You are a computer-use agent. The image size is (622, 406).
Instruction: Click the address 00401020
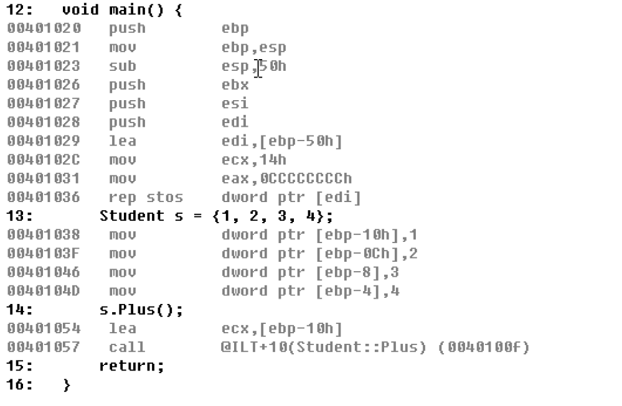(44, 29)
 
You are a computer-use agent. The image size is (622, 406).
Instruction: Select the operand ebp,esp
(254, 47)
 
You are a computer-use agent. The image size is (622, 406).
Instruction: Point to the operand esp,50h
(254, 66)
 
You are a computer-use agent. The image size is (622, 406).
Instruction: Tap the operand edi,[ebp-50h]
(282, 141)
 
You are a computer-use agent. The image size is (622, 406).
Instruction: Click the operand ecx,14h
(254, 160)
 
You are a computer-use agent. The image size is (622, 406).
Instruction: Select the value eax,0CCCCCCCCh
(286, 178)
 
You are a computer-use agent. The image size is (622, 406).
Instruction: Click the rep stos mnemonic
(146, 198)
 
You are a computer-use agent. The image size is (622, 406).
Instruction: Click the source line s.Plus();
(141, 310)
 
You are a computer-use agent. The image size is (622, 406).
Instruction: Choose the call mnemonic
(127, 348)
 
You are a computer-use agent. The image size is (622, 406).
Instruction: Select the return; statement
(132, 366)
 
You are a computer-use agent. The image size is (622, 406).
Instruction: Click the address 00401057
(44, 348)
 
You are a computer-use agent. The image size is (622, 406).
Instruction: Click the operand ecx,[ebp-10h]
(282, 329)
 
